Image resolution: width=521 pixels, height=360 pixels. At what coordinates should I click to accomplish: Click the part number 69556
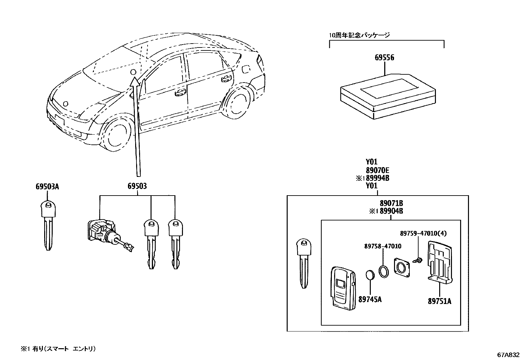pyautogui.click(x=384, y=58)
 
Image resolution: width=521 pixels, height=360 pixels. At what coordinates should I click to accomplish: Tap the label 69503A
pyautogui.click(x=47, y=187)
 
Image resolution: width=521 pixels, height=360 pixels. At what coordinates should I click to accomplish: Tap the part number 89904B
pyautogui.click(x=391, y=211)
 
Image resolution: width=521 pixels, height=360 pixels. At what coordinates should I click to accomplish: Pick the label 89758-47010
pyautogui.click(x=383, y=246)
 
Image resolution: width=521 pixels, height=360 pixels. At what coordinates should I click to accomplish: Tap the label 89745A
pyautogui.click(x=370, y=299)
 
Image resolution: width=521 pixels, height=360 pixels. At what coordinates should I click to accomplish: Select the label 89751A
pyautogui.click(x=439, y=301)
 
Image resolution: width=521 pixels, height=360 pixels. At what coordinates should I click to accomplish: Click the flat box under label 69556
pyautogui.click(x=388, y=97)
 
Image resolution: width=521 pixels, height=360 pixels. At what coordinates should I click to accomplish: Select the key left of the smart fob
pyautogui.click(x=304, y=262)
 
